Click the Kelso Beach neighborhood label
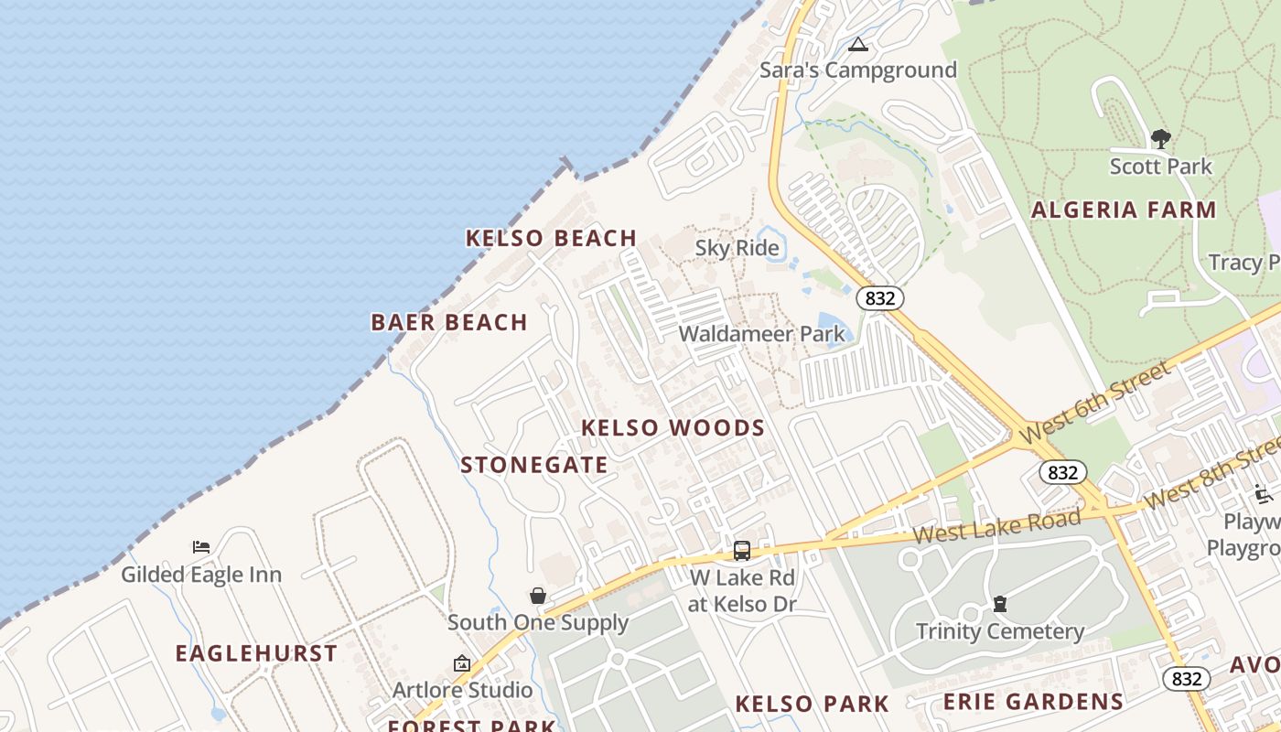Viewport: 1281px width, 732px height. coord(551,239)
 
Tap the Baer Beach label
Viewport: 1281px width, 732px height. coord(449,322)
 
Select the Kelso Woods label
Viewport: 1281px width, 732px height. coord(673,428)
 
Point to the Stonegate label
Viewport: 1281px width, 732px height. coord(534,465)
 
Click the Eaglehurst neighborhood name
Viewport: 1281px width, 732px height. coord(256,653)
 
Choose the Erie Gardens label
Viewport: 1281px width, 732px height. coord(1033,702)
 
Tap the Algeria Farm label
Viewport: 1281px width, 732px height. coord(1124,210)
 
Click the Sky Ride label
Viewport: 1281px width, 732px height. coord(737,248)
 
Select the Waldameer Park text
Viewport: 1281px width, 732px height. coord(762,334)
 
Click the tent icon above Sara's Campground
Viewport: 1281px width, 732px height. coord(857,44)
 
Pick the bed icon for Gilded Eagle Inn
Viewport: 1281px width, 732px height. coord(201,547)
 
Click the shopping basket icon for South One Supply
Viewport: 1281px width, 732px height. coord(538,596)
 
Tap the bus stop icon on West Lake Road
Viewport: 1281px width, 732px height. coord(741,551)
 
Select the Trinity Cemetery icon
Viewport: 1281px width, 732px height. coord(1000,604)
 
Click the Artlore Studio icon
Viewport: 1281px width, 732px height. coord(462,663)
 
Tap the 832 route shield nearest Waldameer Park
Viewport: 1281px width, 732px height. coord(880,297)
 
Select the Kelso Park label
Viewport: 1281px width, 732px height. coord(812,704)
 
